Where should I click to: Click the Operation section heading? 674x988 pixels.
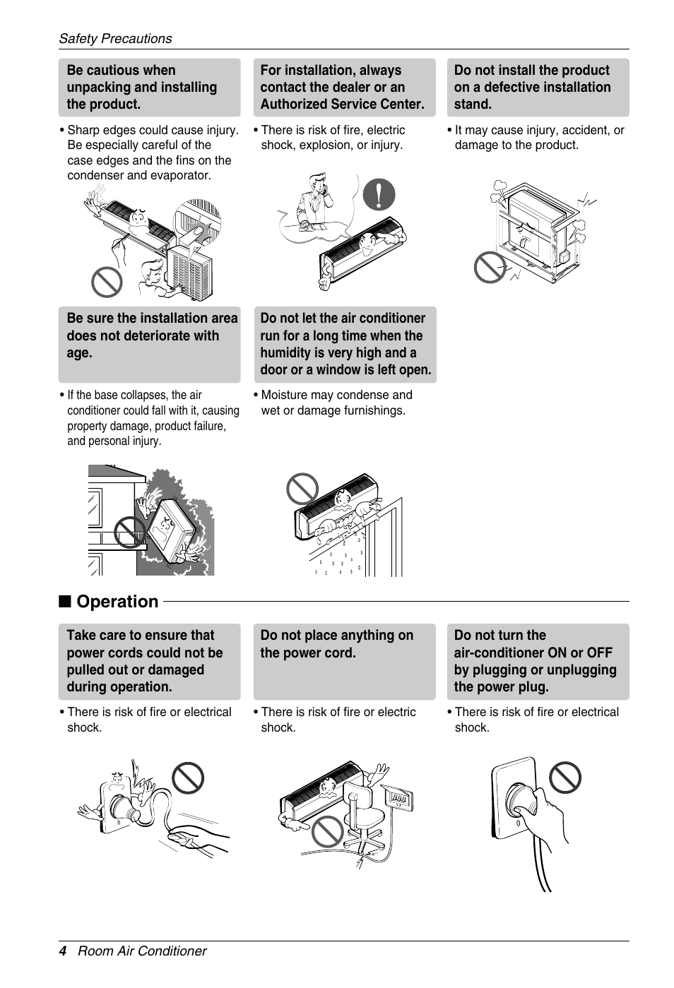[x=117, y=601]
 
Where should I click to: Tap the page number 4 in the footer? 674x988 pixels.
[x=63, y=951]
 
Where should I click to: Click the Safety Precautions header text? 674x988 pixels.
[x=115, y=39]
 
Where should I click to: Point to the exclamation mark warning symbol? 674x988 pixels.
[x=379, y=194]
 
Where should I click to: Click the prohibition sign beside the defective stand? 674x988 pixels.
[x=489, y=268]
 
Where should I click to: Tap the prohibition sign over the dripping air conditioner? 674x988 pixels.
[x=302, y=487]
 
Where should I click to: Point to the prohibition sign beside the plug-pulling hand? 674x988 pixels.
[x=565, y=778]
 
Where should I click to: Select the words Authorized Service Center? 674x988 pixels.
[x=342, y=105]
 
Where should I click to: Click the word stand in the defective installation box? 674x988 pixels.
[x=473, y=105]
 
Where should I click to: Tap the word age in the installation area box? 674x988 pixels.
[x=79, y=353]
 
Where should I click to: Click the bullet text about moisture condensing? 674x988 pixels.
[x=333, y=403]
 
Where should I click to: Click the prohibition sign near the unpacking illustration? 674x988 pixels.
[x=107, y=282]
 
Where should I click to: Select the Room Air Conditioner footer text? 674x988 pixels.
[x=142, y=951]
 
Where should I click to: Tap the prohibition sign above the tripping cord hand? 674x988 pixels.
[x=188, y=778]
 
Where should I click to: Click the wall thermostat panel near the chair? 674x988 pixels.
[x=399, y=798]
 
